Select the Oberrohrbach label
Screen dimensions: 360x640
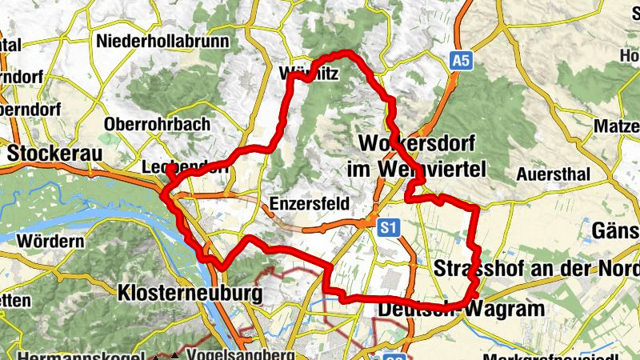tap(157, 124)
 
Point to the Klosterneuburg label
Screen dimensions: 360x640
tap(190, 294)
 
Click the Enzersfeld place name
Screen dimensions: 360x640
tap(310, 203)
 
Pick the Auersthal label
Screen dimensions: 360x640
tap(553, 174)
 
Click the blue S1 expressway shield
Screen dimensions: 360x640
tap(388, 229)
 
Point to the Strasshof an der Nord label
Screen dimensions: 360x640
tap(535, 268)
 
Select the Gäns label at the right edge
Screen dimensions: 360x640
tap(615, 231)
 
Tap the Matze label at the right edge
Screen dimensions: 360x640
tap(617, 126)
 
